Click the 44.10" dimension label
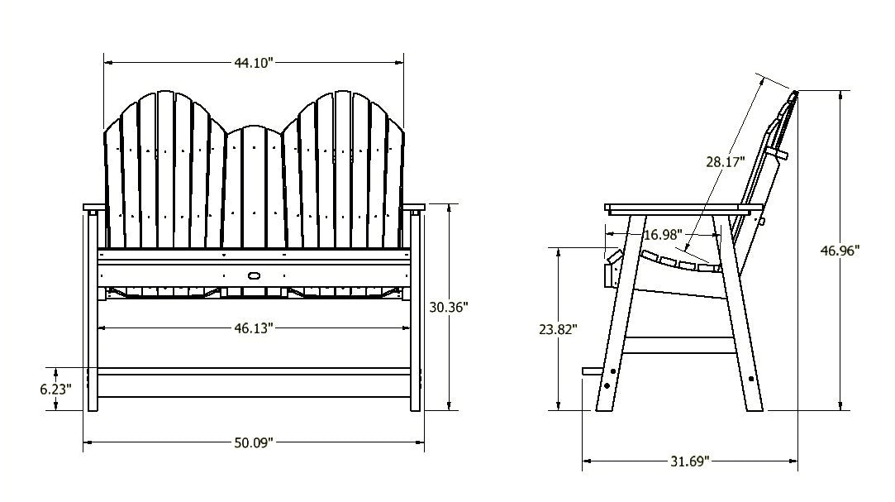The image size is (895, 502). pos(253,62)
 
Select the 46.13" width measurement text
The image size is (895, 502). pos(253,327)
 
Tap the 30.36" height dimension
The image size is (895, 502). pos(449,306)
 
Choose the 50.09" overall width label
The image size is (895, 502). pos(253,442)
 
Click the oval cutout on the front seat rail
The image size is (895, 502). pos(253,274)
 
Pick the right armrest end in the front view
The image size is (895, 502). pos(416,207)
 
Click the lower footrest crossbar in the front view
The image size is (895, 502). pos(253,371)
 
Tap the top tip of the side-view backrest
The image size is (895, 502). pos(795,93)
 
